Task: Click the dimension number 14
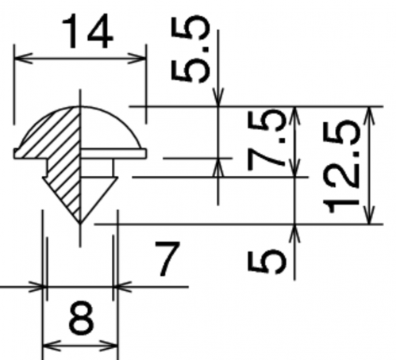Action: pyautogui.click(x=87, y=32)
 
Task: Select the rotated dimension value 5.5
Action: pyautogui.click(x=190, y=49)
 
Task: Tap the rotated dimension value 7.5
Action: pyautogui.click(x=267, y=140)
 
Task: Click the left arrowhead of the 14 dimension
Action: pyautogui.click(x=23, y=58)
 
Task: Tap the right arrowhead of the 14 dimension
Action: pyautogui.click(x=136, y=58)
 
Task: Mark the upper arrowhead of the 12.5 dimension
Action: pyautogui.click(x=370, y=116)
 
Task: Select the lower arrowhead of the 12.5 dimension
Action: pyautogui.click(x=370, y=215)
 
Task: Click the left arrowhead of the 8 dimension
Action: pyautogui.click(x=52, y=346)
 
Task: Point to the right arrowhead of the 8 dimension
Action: pyautogui.click(x=109, y=346)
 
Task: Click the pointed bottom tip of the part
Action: pyautogui.click(x=80, y=224)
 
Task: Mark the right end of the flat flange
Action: pyautogui.click(x=146, y=154)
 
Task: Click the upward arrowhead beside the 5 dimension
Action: pyautogui.click(x=294, y=233)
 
